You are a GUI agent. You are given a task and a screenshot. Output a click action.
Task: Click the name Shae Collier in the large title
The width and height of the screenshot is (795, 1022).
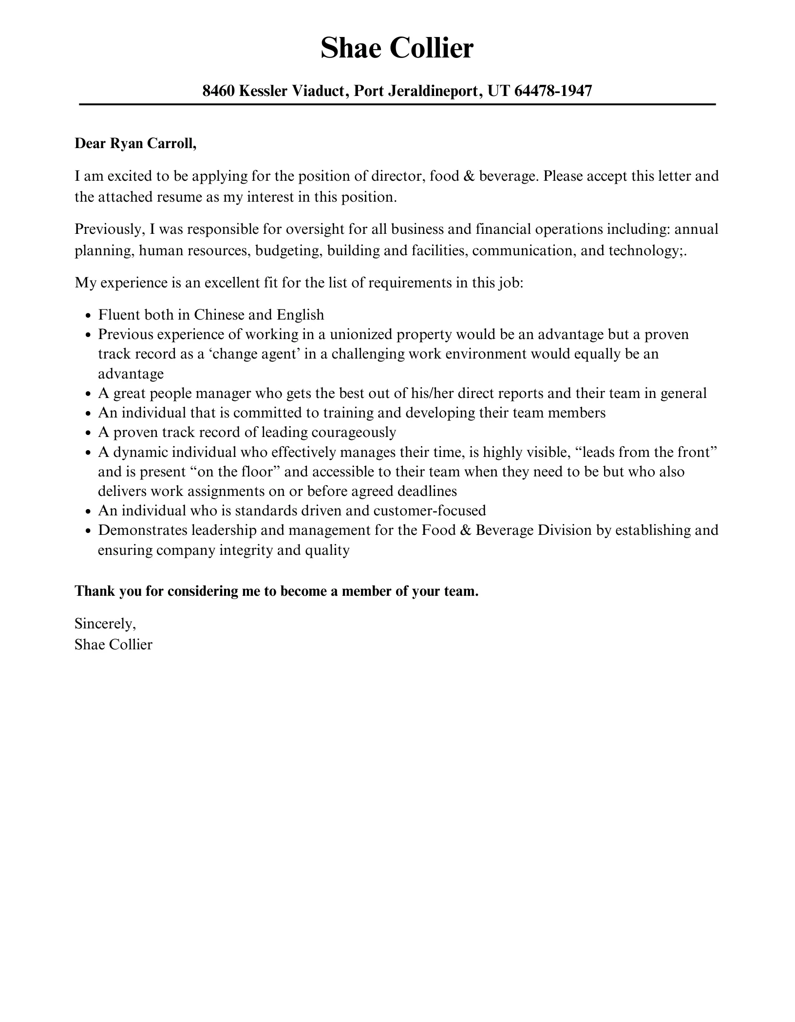[397, 48]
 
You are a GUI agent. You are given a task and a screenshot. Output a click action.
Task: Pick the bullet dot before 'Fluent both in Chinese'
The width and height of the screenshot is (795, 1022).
[88, 316]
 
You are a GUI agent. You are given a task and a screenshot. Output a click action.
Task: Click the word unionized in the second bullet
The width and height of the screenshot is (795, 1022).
[361, 335]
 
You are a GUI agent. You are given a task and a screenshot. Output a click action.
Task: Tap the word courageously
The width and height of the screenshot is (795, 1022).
[354, 433]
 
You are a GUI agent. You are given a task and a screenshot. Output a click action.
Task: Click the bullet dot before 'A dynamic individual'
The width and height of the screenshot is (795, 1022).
[88, 454]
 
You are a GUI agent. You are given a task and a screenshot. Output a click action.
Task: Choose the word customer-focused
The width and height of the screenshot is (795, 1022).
[430, 511]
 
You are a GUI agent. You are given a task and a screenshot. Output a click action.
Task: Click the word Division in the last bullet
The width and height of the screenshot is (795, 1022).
[564, 530]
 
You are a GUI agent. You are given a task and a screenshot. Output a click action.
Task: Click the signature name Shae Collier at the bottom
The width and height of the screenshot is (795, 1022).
[114, 645]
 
